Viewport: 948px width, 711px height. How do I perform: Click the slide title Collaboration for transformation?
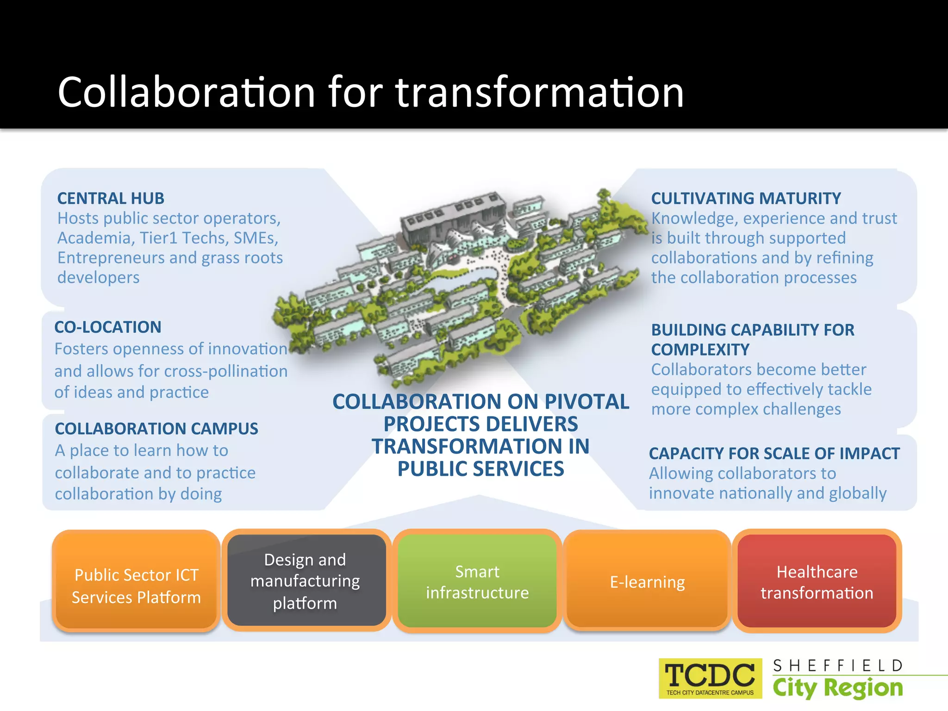370,92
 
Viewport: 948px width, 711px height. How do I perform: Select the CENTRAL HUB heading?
111,199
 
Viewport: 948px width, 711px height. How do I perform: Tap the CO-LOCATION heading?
108,327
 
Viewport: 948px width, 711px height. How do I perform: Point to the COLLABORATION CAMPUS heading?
156,429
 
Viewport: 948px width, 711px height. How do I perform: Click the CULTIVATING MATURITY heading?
746,199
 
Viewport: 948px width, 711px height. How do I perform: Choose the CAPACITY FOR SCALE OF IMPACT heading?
774,454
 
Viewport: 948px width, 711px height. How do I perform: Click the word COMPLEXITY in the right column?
700,350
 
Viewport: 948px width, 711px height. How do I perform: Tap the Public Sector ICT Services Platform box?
136,586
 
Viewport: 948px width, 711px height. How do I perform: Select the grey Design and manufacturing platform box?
306,581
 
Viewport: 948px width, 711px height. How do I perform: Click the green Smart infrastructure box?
477,582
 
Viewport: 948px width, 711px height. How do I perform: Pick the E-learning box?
647,582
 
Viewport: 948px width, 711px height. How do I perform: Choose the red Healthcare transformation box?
817,582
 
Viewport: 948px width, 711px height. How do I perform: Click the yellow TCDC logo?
710,678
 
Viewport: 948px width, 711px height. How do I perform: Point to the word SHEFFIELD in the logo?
838,666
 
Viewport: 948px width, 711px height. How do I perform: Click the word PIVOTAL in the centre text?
586,402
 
